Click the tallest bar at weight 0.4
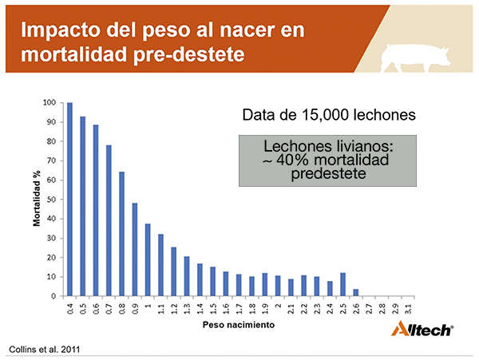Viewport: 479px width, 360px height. (69, 200)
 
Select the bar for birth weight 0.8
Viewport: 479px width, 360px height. (121, 234)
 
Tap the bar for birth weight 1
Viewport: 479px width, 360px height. (148, 260)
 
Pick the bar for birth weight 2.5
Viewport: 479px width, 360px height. (343, 285)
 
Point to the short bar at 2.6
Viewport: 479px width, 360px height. (356, 292)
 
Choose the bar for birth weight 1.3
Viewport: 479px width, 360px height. (187, 276)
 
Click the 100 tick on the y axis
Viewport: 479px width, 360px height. (49, 103)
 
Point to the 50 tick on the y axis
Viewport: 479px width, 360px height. (52, 200)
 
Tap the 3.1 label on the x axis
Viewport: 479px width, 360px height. (408, 309)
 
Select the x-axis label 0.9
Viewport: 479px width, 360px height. (135, 309)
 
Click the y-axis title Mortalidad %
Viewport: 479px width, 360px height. (37, 199)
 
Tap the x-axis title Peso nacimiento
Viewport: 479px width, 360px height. (239, 325)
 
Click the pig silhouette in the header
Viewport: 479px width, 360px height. (415, 57)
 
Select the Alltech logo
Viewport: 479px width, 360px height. (422, 329)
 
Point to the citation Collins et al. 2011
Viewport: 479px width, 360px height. (44, 350)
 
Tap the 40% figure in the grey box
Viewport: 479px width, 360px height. (294, 160)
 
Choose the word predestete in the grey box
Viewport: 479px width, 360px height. (328, 174)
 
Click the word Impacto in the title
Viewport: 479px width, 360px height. (61, 30)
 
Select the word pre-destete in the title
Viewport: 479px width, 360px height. (189, 54)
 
